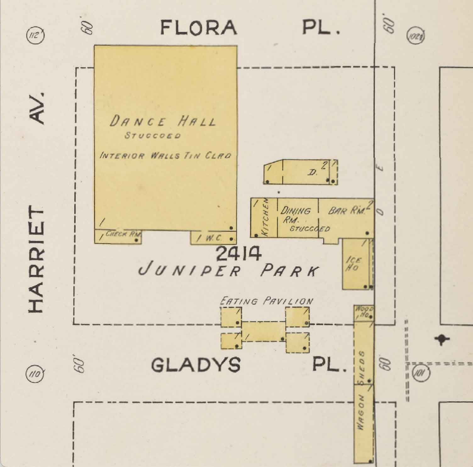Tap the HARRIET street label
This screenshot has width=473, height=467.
(36, 260)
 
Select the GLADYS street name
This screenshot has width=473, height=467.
(196, 365)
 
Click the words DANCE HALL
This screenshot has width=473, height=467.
(163, 121)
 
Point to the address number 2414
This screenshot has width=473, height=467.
(239, 254)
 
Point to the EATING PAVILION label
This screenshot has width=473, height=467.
(266, 301)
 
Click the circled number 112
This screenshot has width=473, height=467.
(36, 35)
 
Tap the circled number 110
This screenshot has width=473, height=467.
(35, 374)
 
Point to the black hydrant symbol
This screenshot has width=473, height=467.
(442, 339)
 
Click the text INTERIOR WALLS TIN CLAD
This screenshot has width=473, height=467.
(165, 155)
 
